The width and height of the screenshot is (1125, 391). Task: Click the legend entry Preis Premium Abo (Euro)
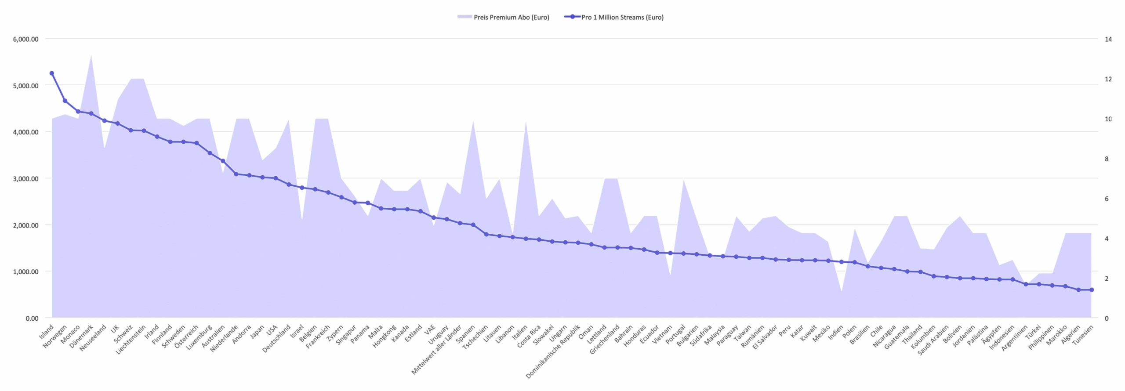(x=503, y=17)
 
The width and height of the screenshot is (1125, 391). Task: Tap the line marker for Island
(x=52, y=73)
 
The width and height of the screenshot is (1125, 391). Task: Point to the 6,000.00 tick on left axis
(x=26, y=39)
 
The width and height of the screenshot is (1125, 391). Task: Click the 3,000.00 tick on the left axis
(x=26, y=179)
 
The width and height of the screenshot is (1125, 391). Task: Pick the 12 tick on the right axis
(x=1108, y=79)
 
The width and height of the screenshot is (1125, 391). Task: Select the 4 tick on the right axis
(x=1107, y=239)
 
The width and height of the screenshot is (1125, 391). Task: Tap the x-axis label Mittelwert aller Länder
(x=437, y=350)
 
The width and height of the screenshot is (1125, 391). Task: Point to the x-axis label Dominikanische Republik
(x=554, y=351)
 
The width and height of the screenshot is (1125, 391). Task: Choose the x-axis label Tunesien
(x=1083, y=336)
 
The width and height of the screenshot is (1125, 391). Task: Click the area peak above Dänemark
(x=91, y=55)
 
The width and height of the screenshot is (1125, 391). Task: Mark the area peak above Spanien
(x=473, y=121)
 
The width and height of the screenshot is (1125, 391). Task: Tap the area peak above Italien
(x=526, y=122)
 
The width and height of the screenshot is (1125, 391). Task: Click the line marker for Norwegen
(x=65, y=101)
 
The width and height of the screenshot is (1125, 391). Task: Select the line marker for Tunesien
(x=1092, y=290)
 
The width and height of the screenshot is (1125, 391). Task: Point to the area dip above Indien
(x=842, y=291)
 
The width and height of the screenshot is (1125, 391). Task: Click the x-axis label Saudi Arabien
(x=933, y=340)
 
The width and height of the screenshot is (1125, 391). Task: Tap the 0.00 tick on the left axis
(x=32, y=319)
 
